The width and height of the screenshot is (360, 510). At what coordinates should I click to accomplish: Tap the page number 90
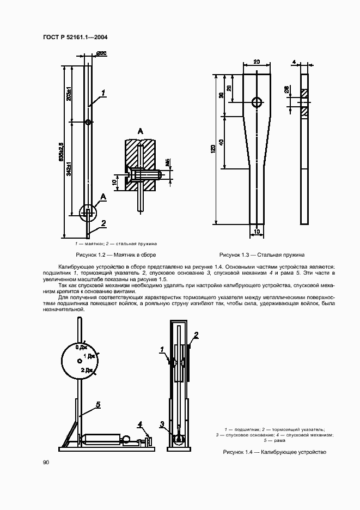(x=46, y=463)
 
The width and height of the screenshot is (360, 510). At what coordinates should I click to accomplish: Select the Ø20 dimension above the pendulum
(x=101, y=53)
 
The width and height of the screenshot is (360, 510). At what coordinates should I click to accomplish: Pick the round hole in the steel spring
(x=257, y=102)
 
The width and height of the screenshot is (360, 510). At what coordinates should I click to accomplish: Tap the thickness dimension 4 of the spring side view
(x=294, y=63)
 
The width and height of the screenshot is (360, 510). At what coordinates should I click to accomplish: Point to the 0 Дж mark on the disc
(x=82, y=347)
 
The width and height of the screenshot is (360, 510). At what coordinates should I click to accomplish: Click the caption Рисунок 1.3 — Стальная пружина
(x=261, y=254)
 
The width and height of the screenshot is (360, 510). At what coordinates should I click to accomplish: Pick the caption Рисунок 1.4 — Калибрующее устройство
(x=274, y=452)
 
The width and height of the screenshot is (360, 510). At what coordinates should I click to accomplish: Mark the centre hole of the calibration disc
(x=80, y=361)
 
